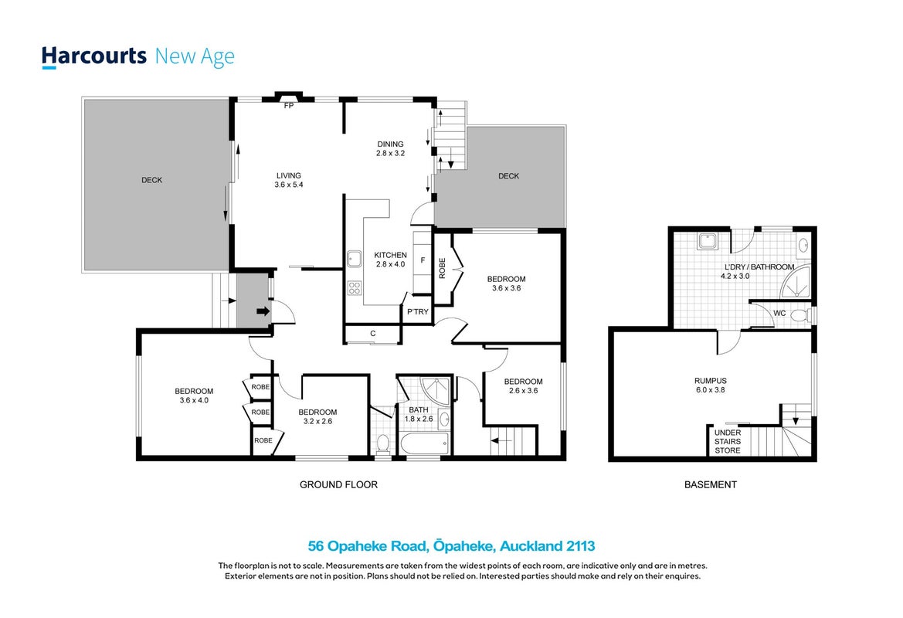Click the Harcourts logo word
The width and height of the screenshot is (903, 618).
tap(94, 56)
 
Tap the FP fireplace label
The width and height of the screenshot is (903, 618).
tap(289, 105)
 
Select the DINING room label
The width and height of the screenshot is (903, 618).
tap(390, 144)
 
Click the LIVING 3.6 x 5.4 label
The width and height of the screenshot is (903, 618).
tap(289, 180)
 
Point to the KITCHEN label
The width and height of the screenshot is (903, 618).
tap(390, 255)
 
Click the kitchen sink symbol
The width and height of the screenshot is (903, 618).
tap(355, 260)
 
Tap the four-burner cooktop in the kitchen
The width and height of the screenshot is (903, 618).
tap(355, 287)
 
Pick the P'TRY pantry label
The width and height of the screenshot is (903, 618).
tap(418, 311)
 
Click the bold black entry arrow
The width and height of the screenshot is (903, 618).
tap(263, 311)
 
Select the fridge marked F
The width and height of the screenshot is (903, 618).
tap(423, 260)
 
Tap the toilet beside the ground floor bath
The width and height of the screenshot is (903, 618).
tap(383, 444)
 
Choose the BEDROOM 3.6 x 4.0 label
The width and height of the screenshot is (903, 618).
tap(194, 396)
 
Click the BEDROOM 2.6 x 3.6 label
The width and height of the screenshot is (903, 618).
tap(524, 386)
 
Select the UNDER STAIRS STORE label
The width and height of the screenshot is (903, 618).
tap(728, 442)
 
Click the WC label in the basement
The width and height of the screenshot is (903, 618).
tap(779, 314)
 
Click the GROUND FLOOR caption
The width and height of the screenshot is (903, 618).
tap(338, 485)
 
